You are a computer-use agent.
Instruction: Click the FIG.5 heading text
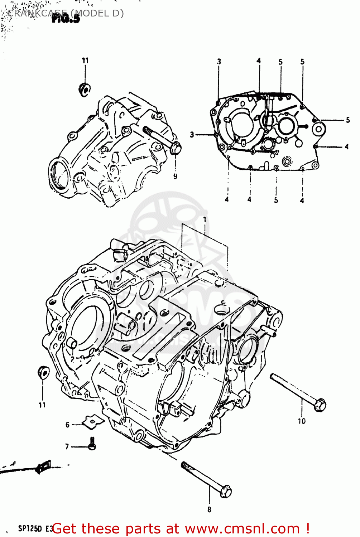66,19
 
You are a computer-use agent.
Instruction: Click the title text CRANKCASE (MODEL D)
66,13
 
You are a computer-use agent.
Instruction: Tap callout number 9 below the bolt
175,176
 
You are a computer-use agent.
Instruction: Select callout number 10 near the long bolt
302,421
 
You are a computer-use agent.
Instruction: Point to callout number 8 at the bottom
209,509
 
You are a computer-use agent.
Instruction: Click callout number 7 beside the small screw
67,446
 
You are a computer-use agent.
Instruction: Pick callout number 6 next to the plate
67,425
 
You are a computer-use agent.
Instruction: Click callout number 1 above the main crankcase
205,219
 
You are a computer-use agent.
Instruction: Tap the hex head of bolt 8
225,491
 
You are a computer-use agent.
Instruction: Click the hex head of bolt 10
320,405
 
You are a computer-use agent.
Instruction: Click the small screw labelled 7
92,444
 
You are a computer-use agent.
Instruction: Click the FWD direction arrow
43,466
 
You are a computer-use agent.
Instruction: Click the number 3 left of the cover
192,135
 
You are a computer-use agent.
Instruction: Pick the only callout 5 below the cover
276,200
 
